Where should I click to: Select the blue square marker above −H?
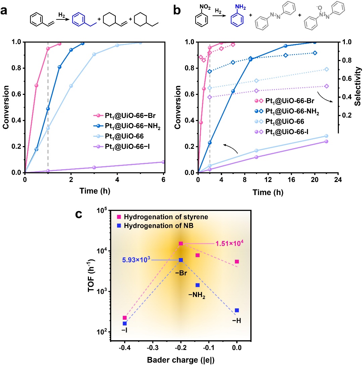coord(237,310)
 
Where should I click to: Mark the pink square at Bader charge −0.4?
coord(125,317)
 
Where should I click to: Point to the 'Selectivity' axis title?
coord(359,87)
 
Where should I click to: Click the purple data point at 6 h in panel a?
coord(163,162)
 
